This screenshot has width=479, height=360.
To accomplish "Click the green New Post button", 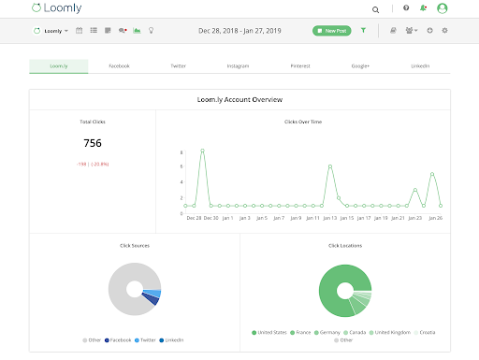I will point(332,31).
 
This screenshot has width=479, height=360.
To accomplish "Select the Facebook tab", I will point(119,66).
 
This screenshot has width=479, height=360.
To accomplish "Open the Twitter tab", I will point(178,66).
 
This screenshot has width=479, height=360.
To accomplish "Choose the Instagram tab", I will point(238,66).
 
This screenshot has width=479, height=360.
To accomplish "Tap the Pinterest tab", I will point(298,66).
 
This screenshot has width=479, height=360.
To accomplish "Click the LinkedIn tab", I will point(420,66).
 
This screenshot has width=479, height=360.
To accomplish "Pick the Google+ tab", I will point(359,66).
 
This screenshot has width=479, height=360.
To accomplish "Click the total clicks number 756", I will point(92,143).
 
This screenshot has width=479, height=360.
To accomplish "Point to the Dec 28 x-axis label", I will point(194,218).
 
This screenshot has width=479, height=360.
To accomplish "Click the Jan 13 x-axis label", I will point(330,218).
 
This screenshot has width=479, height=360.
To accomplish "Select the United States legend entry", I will point(274,332).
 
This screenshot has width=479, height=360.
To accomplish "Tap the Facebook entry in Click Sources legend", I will point(118,339).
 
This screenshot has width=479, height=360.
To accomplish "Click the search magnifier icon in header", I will point(376,8).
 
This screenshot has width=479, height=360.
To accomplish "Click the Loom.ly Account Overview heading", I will point(239,98).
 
